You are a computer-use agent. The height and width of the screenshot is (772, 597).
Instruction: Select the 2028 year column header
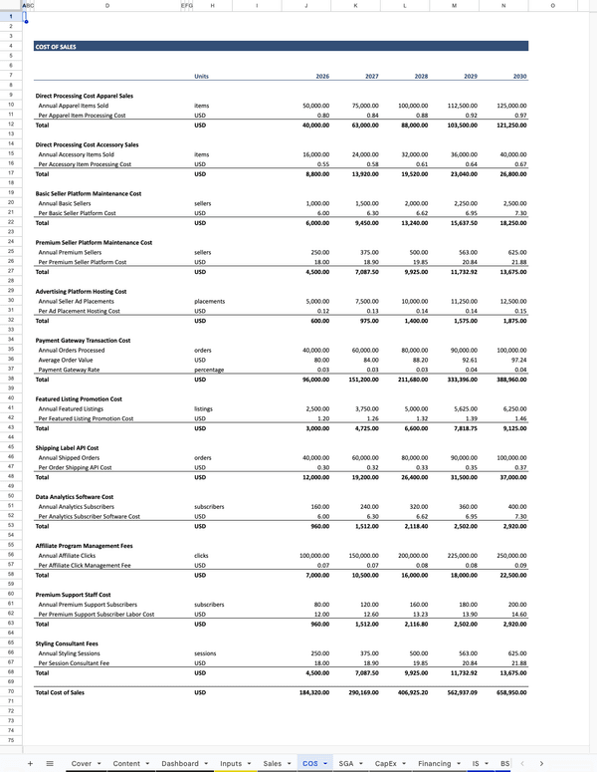click(421, 76)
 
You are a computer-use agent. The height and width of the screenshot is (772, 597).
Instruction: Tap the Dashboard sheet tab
click(180, 763)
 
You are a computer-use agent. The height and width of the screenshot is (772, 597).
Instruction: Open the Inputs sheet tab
click(231, 763)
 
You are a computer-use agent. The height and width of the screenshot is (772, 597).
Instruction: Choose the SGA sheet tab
click(346, 763)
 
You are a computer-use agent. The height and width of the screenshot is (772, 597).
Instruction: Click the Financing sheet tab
click(434, 763)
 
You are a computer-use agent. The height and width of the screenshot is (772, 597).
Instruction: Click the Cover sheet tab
click(82, 763)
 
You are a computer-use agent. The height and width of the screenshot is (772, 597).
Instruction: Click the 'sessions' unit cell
click(207, 653)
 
